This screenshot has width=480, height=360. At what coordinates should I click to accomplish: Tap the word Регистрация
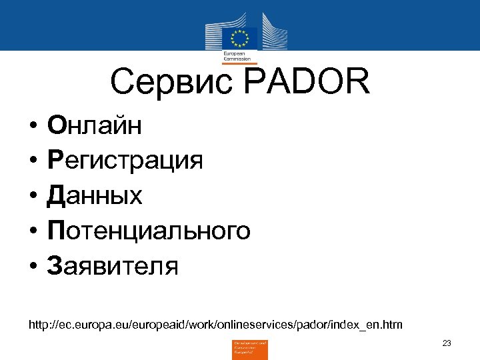coord(124,161)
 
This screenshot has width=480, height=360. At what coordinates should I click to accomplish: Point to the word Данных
coord(94,195)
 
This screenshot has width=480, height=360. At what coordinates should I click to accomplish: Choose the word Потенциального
coord(148,231)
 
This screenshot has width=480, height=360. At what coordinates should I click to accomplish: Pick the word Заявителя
coord(112,266)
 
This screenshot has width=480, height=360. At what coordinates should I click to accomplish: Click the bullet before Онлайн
coord(31,125)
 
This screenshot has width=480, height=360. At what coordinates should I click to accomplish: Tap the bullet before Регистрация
coord(31,161)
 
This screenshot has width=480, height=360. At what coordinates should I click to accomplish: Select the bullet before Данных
coord(31,196)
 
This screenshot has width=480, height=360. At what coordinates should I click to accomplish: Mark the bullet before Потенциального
coord(31,231)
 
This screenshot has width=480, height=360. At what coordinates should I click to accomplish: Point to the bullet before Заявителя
coord(31,267)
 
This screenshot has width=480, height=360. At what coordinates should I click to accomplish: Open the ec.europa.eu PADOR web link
coord(215,325)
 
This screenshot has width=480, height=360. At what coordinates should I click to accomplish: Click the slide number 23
coord(447,343)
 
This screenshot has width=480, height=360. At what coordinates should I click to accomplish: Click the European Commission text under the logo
coord(235,56)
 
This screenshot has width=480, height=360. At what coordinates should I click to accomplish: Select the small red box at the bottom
coord(249,349)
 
